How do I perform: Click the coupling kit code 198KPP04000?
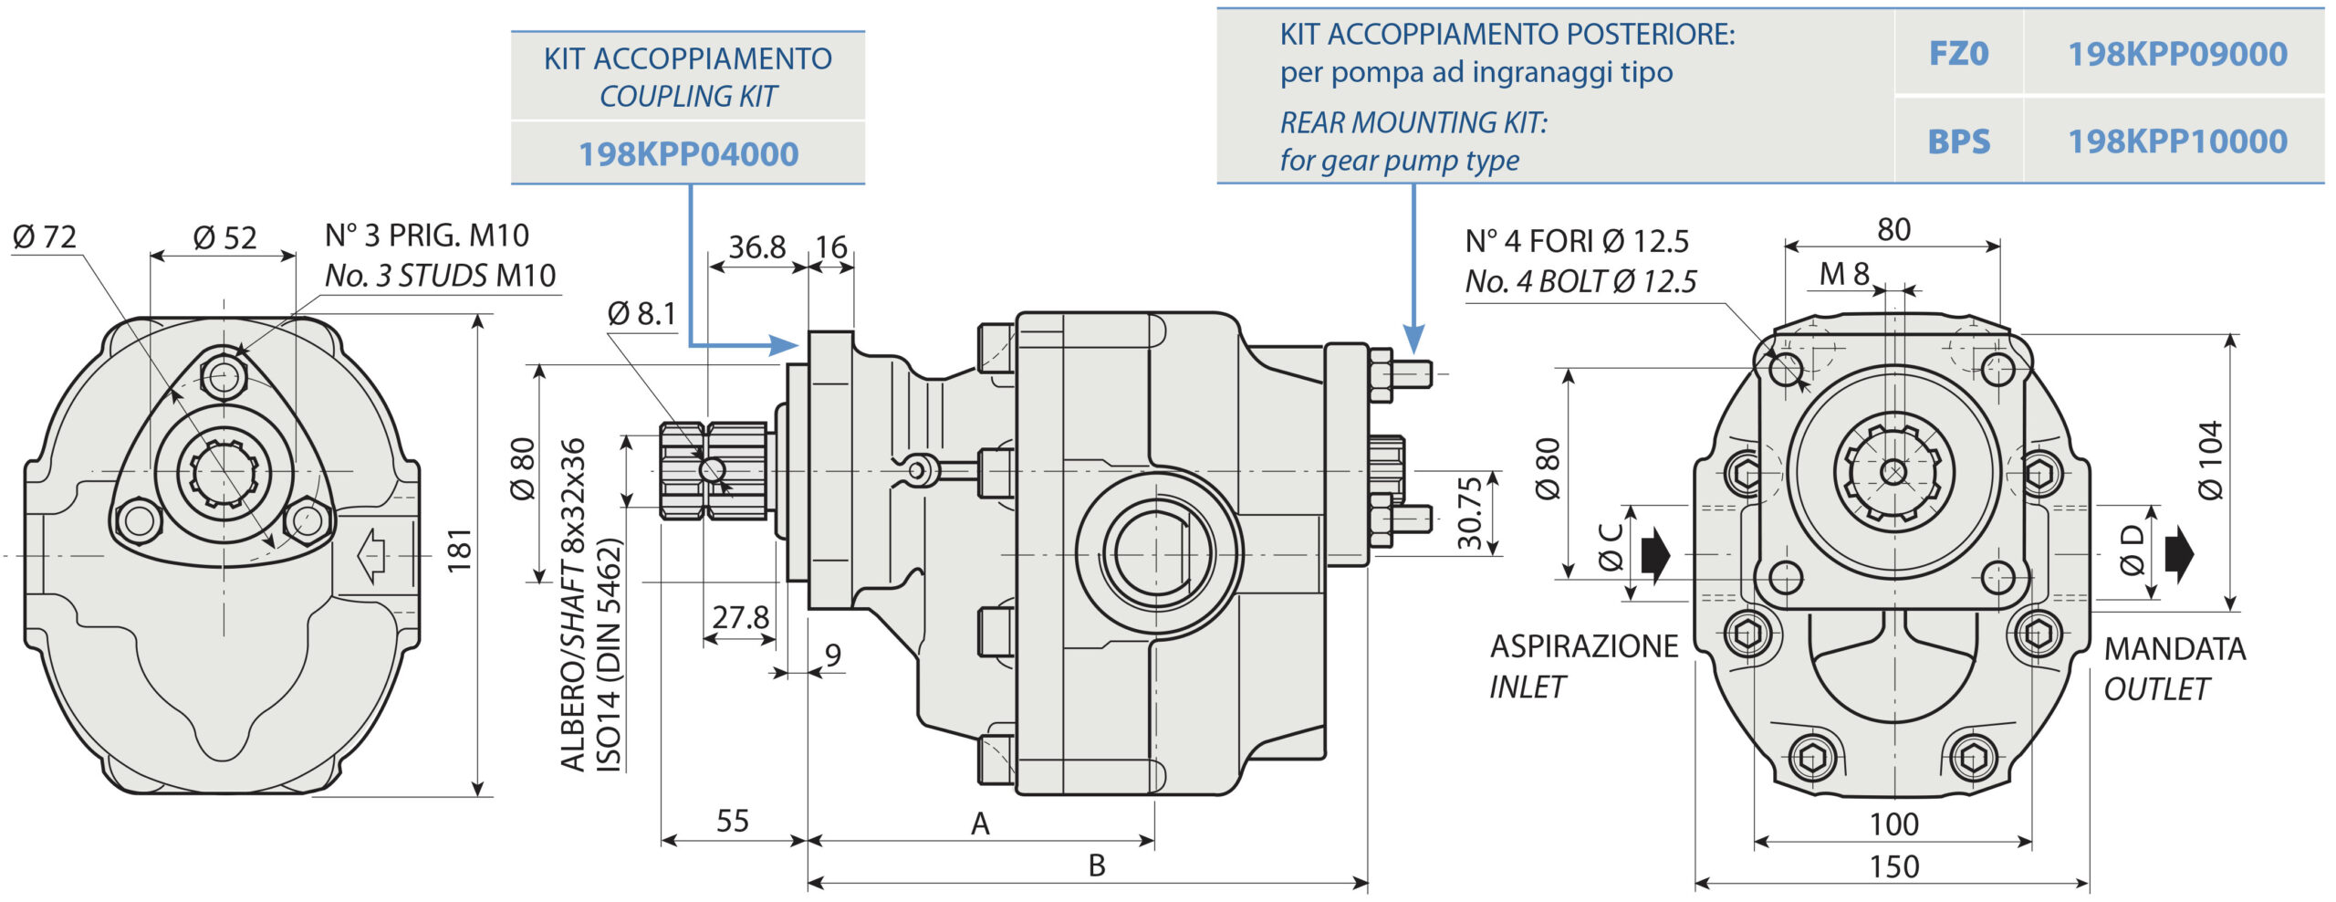pyautogui.click(x=688, y=154)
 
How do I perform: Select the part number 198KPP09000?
pyautogui.click(x=2176, y=55)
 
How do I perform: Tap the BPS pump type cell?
pyautogui.click(x=1957, y=142)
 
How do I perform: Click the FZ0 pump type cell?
pyautogui.click(x=1957, y=55)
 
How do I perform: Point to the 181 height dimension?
pyautogui.click(x=460, y=550)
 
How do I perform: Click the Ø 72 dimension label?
pyautogui.click(x=44, y=237)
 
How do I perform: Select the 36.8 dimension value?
pyautogui.click(x=756, y=247)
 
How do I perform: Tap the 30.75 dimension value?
pyautogui.click(x=1469, y=513)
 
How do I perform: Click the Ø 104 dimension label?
pyautogui.click(x=2211, y=460)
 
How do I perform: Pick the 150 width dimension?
pyautogui.click(x=1893, y=866)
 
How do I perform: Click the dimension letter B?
pyautogui.click(x=1097, y=865)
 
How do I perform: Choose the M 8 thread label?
pyautogui.click(x=1844, y=274)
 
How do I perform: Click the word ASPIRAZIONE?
pyautogui.click(x=1584, y=646)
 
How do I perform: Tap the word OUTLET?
pyautogui.click(x=2156, y=689)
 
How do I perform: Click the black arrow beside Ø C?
pyautogui.click(x=1654, y=554)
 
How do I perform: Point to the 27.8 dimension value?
pyautogui.click(x=740, y=618)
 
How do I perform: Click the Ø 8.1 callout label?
pyautogui.click(x=641, y=314)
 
